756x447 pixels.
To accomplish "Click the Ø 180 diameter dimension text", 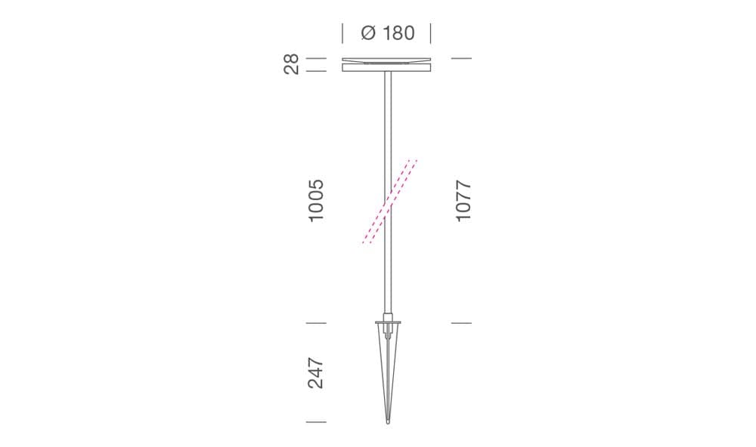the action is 388,33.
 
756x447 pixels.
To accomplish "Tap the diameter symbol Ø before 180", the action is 368,33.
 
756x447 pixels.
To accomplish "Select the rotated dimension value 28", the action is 291,64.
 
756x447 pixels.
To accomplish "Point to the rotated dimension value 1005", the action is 316,200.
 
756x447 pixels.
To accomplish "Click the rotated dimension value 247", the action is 316,373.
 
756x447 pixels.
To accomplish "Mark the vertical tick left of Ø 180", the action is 342,33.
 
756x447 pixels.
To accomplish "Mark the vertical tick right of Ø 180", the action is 431,33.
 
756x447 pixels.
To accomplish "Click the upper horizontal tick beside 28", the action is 316,58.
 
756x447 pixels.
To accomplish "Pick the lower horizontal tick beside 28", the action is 316,71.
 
